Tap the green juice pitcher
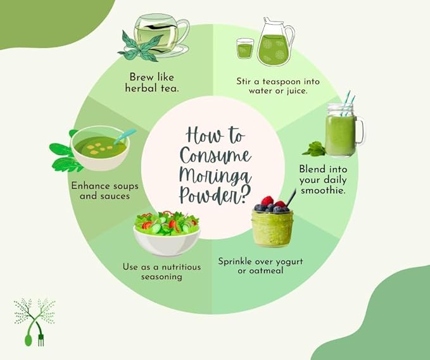274,44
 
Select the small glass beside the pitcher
245,49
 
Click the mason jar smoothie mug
342,133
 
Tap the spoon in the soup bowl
124,135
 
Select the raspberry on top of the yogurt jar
268,201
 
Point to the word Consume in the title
215,154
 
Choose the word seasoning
161,276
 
